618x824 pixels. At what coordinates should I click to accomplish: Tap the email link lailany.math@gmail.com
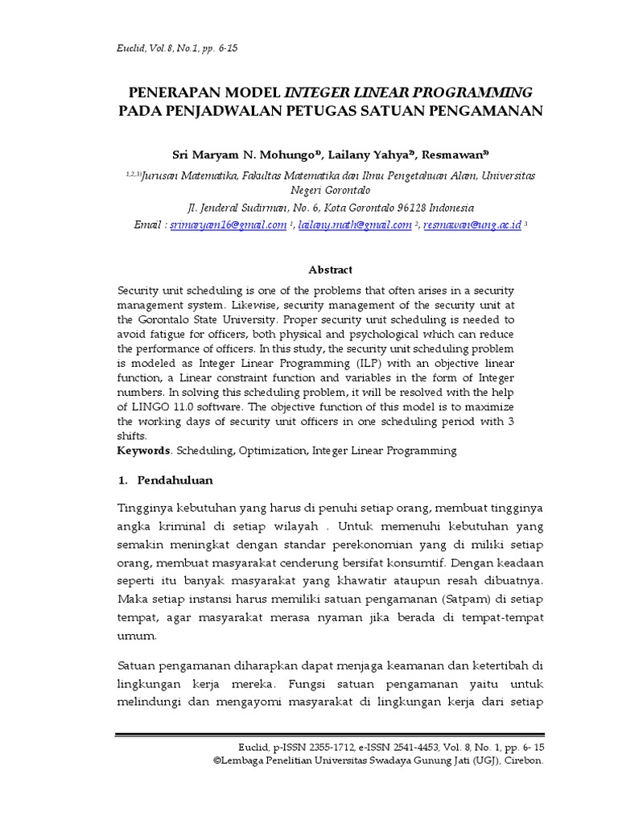(355, 225)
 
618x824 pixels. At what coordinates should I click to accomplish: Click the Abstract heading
(331, 270)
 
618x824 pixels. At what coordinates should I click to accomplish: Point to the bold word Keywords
(144, 451)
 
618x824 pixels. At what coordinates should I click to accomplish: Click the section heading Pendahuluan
(175, 480)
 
